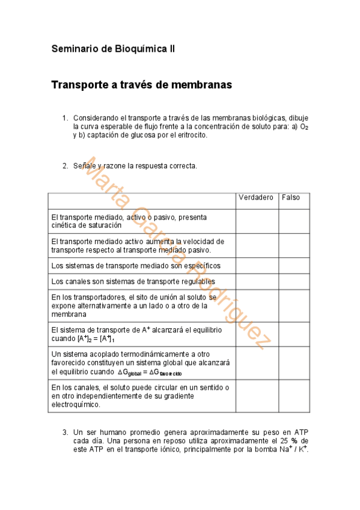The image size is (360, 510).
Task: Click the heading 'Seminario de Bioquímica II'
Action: pyautogui.click(x=113, y=49)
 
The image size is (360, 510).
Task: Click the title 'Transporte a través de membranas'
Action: pyautogui.click(x=141, y=85)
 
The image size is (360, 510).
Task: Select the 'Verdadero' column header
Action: pyautogui.click(x=256, y=198)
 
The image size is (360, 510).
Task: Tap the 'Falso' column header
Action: pyautogui.click(x=291, y=198)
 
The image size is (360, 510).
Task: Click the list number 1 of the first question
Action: pyautogui.click(x=66, y=118)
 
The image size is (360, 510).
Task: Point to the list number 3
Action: pyautogui.click(x=66, y=432)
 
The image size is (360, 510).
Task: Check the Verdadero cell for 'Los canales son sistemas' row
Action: pyautogui.click(x=257, y=281)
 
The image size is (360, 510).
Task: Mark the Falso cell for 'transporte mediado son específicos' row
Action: pyautogui.click(x=294, y=266)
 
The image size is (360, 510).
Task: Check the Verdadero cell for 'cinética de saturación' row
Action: pyautogui.click(x=257, y=221)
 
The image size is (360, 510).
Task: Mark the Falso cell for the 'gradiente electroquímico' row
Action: pyautogui.click(x=294, y=396)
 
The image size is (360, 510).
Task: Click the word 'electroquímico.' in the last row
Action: pyautogui.click(x=76, y=405)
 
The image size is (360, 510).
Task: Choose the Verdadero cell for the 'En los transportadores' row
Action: pyautogui.click(x=257, y=306)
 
